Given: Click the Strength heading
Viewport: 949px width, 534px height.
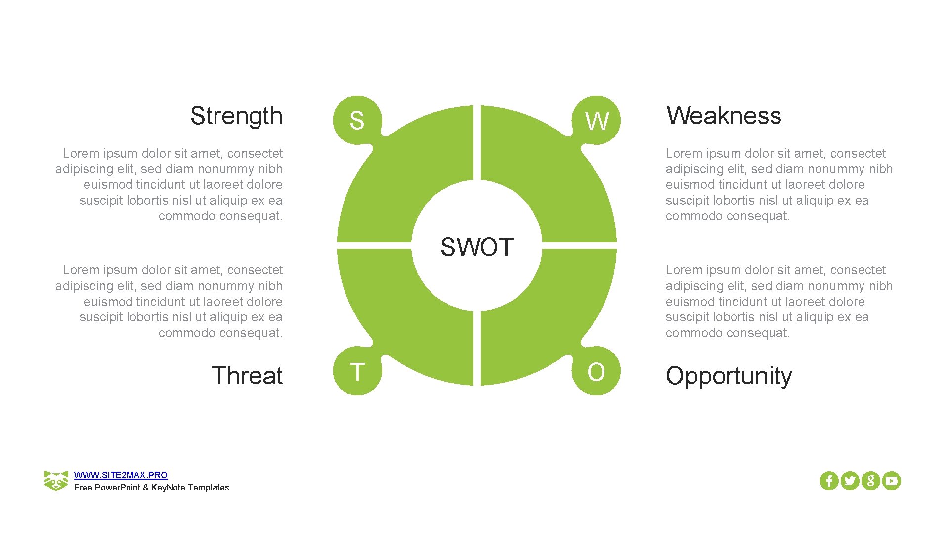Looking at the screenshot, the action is pos(236,116).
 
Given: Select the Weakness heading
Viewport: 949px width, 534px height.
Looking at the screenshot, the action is pos(724,116).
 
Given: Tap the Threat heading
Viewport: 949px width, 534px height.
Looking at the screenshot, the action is pos(247,376).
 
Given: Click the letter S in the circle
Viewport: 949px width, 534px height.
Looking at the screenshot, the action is pos(357,121).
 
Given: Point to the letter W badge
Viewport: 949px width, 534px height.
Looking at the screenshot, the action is pos(597,121).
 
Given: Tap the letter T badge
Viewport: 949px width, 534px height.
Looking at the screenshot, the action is pos(357,372).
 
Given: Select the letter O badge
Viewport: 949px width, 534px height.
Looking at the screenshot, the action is pos(596,372).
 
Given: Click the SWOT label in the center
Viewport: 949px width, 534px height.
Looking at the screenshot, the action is pos(477,247).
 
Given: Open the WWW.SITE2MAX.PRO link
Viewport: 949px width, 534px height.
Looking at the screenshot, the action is pos(121,475).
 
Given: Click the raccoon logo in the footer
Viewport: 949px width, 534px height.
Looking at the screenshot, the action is pos(56,481).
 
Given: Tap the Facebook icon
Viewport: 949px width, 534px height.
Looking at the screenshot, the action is pos(829,481).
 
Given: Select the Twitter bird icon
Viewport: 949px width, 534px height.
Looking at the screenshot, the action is pos(850,481).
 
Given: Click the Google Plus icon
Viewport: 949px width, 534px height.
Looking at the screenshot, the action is pos(870,481).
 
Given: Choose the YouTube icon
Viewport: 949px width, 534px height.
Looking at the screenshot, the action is pos(891,481).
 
